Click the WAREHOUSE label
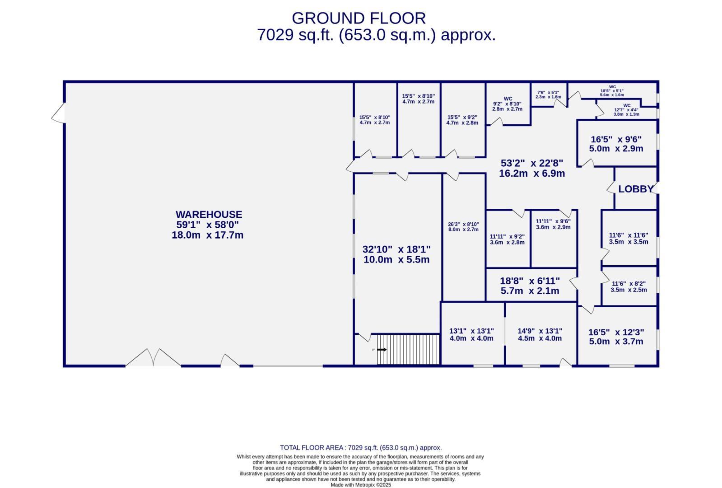tap(209, 215)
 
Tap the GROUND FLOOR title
tap(359, 18)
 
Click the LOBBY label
tap(635, 189)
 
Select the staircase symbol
tap(408, 349)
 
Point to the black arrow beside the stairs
tap(382, 350)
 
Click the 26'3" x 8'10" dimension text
tap(463, 227)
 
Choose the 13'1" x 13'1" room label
tap(471, 334)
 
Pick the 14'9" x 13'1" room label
tap(540, 334)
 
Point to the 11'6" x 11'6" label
tap(629, 238)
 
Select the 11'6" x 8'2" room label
tap(629, 286)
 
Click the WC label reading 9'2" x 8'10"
tap(507, 104)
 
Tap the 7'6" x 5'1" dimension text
tap(548, 94)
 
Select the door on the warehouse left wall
tap(59, 113)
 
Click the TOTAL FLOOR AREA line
tap(361, 448)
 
